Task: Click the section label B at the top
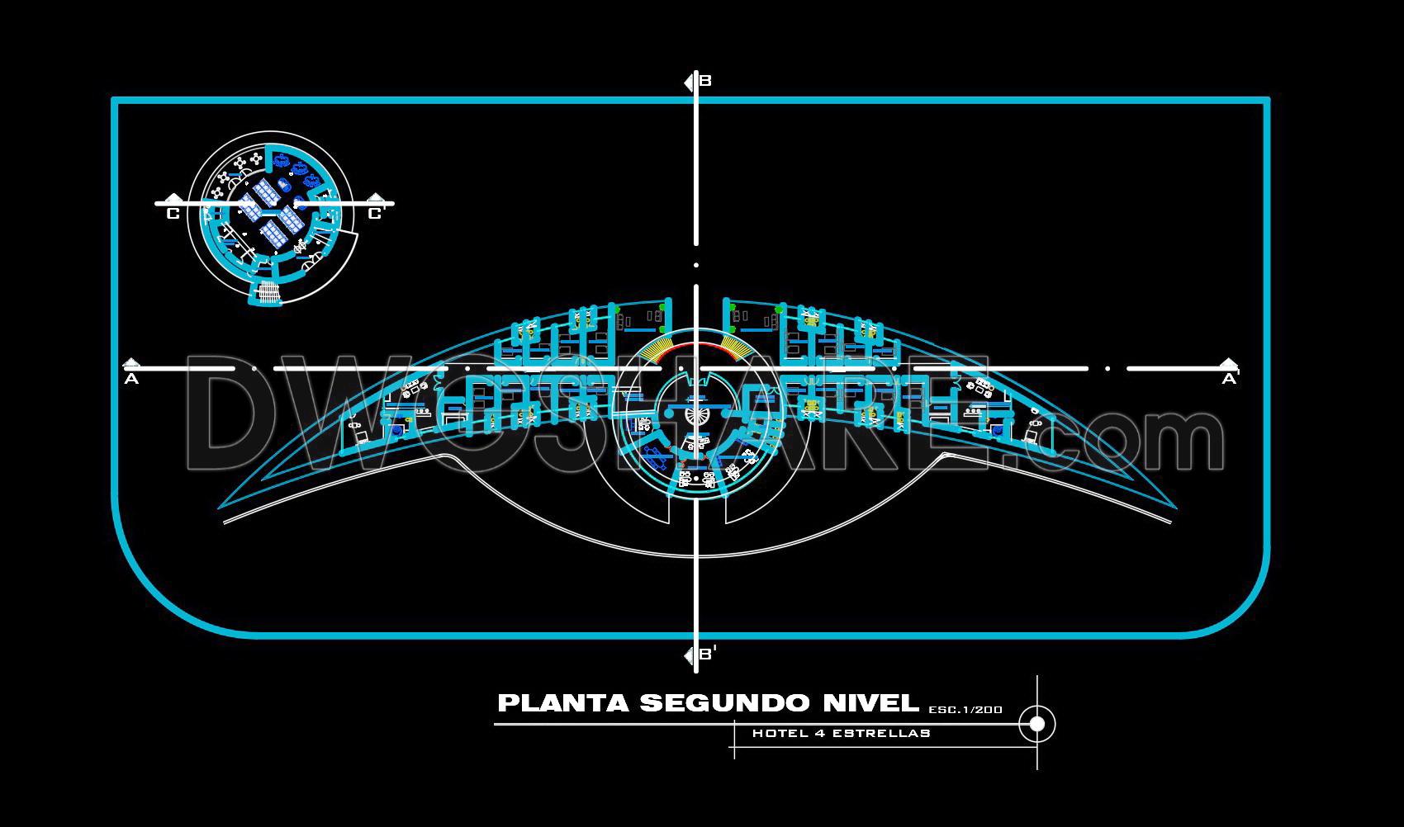pyautogui.click(x=705, y=81)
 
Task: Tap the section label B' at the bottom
pyautogui.click(x=707, y=655)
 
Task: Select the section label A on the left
pyautogui.click(x=130, y=380)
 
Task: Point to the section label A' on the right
pyautogui.click(x=1230, y=379)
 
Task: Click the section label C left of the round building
pyautogui.click(x=173, y=215)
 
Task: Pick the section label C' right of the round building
pyautogui.click(x=376, y=215)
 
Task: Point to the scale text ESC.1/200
pyautogui.click(x=965, y=709)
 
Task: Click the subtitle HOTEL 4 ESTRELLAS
pyautogui.click(x=841, y=733)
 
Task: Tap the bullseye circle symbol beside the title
pyautogui.click(x=1036, y=724)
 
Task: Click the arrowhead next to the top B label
pyautogui.click(x=689, y=82)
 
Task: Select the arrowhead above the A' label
pyautogui.click(x=1229, y=363)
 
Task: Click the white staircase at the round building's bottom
pyautogui.click(x=267, y=293)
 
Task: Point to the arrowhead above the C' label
pyautogui.click(x=376, y=198)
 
